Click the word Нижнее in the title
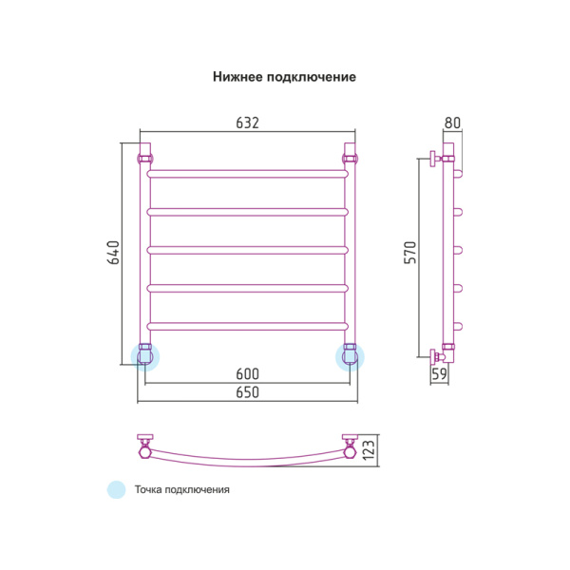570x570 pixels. pyautogui.click(x=240, y=77)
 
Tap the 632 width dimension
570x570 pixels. pyautogui.click(x=247, y=123)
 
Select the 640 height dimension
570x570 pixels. pyautogui.click(x=113, y=253)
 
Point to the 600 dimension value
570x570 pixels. pyautogui.click(x=247, y=373)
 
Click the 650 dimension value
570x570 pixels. pyautogui.click(x=247, y=391)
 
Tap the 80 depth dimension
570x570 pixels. pyautogui.click(x=452, y=123)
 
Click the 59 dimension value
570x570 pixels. pyautogui.click(x=440, y=374)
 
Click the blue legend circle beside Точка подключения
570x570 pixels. pyautogui.click(x=116, y=490)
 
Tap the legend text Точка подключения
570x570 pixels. pyautogui.click(x=182, y=490)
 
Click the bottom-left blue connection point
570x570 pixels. pyautogui.click(x=145, y=356)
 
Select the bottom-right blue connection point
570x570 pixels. pyautogui.click(x=350, y=356)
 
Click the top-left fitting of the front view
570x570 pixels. pyautogui.click(x=145, y=155)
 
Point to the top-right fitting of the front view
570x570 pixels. pyautogui.click(x=350, y=155)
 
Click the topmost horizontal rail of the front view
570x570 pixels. pyautogui.click(x=247, y=174)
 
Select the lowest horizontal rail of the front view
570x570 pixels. pyautogui.click(x=247, y=327)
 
